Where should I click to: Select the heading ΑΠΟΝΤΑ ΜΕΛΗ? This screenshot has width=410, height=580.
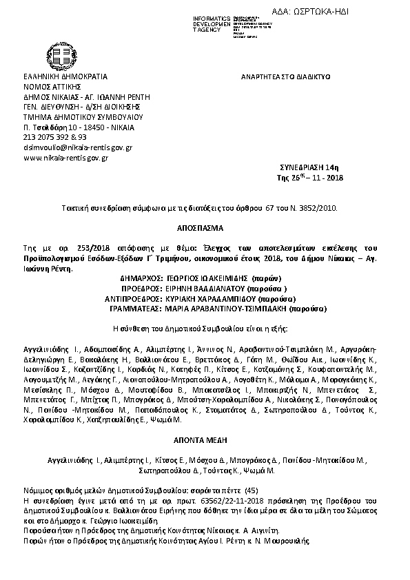point(204,438)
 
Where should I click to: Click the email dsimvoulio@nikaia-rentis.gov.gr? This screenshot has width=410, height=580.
point(78,147)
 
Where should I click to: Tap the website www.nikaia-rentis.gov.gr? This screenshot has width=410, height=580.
point(65,158)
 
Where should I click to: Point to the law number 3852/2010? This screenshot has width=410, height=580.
point(320,207)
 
